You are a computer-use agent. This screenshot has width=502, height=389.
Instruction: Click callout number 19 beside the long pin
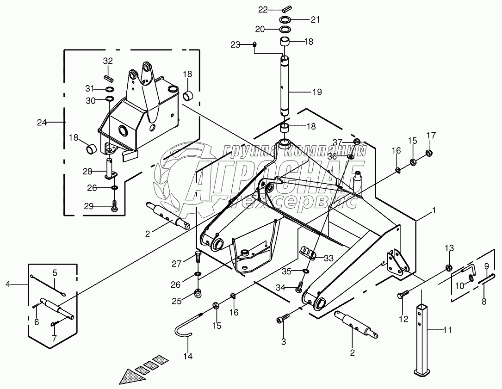[x=317, y=92]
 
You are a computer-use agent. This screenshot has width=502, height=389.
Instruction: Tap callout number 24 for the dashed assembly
[x=42, y=122]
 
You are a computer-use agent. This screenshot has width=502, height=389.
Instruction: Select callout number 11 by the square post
[x=447, y=329]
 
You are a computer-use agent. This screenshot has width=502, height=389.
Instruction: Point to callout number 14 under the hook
[x=188, y=356]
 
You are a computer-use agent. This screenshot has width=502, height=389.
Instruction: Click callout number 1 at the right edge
[x=434, y=210]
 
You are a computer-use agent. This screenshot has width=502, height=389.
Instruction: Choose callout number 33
[x=329, y=258]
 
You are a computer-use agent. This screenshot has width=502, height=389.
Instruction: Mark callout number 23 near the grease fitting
[x=236, y=45]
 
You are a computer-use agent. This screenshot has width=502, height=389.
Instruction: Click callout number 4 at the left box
[x=8, y=284]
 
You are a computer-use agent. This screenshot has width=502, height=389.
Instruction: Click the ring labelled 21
[x=286, y=19]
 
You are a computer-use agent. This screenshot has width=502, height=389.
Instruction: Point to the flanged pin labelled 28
[x=110, y=169]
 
